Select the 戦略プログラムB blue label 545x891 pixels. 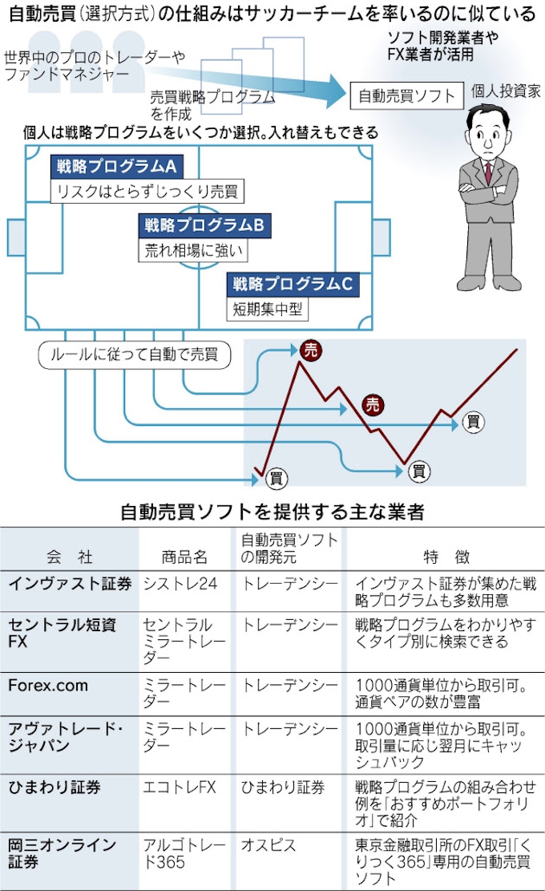point(205,225)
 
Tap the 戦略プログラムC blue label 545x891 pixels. point(293,283)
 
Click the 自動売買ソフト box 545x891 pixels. point(406,96)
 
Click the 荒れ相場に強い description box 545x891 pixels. point(193,250)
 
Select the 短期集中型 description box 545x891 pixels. point(267,308)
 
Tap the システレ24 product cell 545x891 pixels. point(180,584)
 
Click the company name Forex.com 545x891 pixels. point(48,686)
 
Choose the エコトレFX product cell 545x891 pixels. point(179,788)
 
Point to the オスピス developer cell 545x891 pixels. point(268,845)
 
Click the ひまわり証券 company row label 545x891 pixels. point(55,788)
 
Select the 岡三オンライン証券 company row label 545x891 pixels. point(63,853)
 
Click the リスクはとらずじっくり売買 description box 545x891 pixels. point(147,192)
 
